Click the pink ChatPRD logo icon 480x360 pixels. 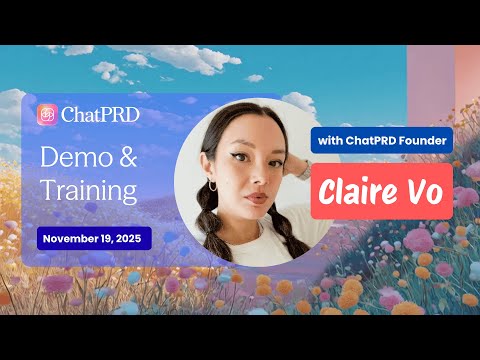[x=47, y=114]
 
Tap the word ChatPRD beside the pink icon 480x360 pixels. [x=100, y=114]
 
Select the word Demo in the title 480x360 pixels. [x=76, y=156]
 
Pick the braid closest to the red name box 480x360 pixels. [x=292, y=230]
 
